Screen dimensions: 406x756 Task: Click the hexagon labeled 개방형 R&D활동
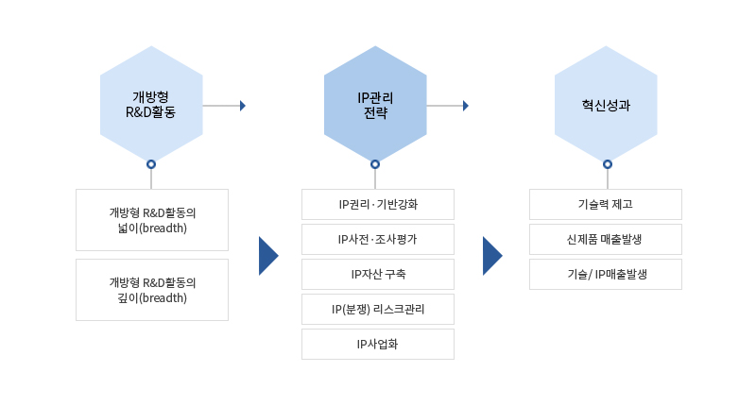click(x=151, y=105)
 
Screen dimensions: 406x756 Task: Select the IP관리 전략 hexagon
click(x=375, y=105)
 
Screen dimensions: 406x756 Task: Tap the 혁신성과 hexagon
click(x=606, y=105)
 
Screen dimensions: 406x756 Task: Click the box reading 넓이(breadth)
click(x=151, y=220)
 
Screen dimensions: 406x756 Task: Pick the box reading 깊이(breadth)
click(x=151, y=290)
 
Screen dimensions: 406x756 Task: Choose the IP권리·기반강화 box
click(x=377, y=204)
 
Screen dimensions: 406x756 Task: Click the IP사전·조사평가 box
click(x=377, y=239)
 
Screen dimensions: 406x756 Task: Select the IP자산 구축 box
click(x=377, y=274)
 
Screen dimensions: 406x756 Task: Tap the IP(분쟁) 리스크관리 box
click(x=377, y=309)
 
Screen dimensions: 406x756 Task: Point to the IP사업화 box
click(x=377, y=344)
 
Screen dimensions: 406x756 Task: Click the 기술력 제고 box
click(x=605, y=204)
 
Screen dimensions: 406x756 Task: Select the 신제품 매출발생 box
click(x=605, y=239)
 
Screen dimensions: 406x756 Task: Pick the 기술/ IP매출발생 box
click(x=605, y=274)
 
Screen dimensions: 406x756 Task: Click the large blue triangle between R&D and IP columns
click(x=267, y=256)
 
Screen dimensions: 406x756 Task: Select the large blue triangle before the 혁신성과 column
click(x=491, y=256)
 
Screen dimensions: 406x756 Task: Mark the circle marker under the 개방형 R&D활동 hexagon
click(x=151, y=164)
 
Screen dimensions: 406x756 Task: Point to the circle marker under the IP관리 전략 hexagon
click(x=375, y=164)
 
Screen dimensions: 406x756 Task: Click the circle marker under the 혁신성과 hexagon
click(x=607, y=164)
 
